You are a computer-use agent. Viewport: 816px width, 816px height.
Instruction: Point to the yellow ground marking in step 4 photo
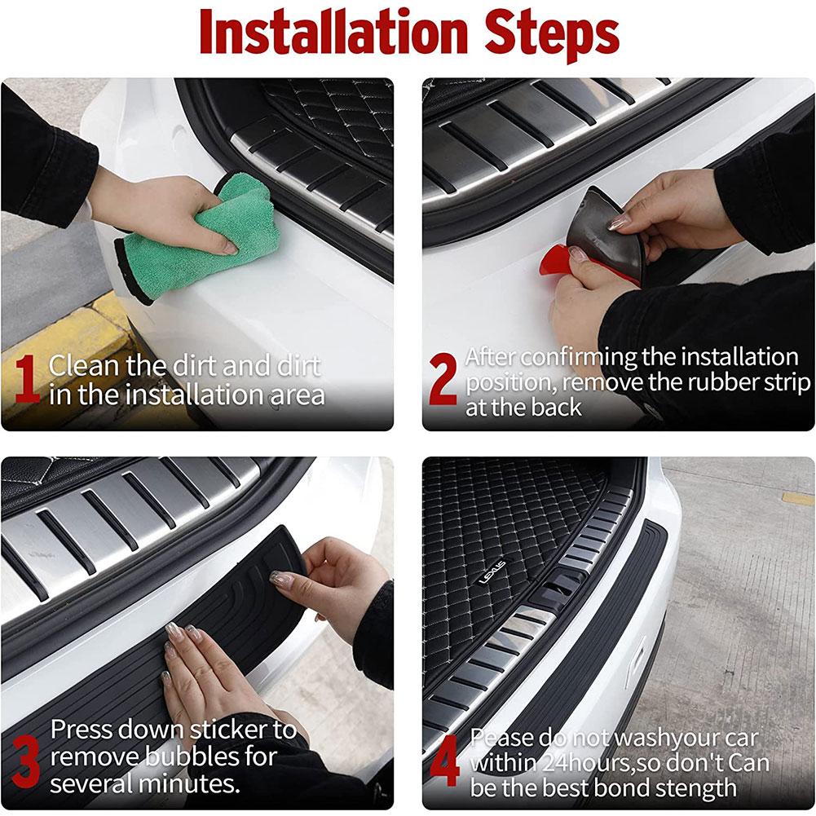click(797, 497)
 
